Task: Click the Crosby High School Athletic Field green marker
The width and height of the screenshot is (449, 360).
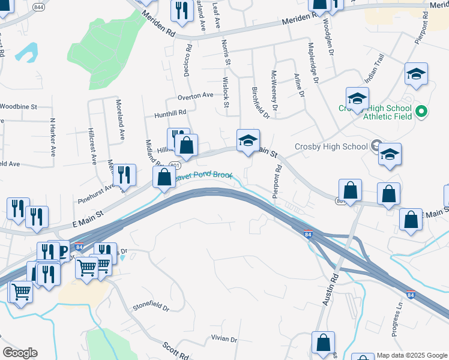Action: (421, 112)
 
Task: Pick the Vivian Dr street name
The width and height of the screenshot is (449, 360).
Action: (224, 339)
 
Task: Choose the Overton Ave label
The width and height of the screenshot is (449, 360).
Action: (195, 95)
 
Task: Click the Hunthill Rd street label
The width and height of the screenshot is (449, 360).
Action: (170, 112)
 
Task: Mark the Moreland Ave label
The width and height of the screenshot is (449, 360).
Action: (121, 119)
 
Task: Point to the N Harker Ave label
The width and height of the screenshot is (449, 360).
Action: (53, 137)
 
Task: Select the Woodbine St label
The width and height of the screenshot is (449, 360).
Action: (18, 106)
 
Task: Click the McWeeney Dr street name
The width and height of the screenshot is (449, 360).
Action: (274, 91)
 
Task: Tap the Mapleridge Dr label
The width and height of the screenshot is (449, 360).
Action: (312, 62)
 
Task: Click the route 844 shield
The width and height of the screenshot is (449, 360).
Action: (39, 7)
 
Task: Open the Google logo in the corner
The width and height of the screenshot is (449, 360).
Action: (20, 353)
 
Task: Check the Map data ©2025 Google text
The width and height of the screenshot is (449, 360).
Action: (412, 355)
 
